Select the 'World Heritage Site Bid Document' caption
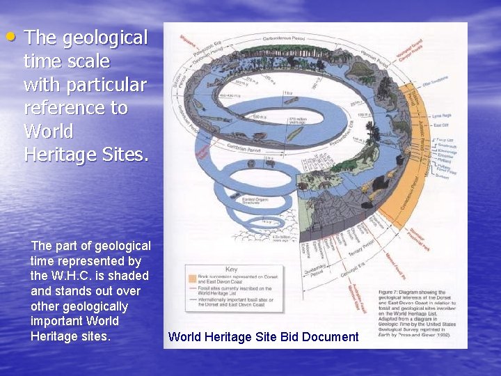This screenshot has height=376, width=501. point(263,337)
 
